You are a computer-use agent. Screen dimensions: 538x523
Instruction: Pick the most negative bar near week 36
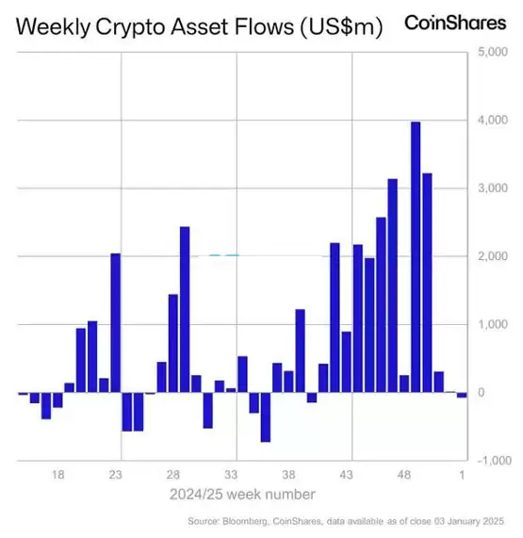[266, 416]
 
